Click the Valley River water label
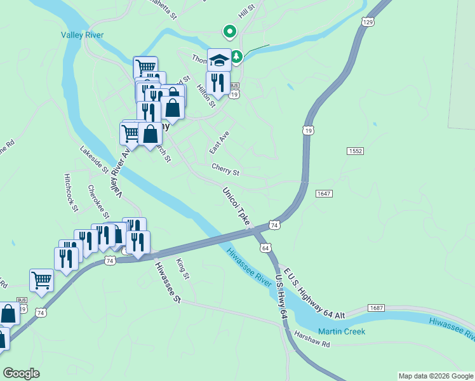click(83, 36)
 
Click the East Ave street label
click(219, 143)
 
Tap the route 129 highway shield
click(368, 22)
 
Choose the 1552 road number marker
click(355, 150)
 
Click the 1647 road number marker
click(323, 193)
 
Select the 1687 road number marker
click(376, 308)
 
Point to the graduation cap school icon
click(219, 60)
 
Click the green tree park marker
click(236, 58)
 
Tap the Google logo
click(21, 373)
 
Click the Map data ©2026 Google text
click(436, 376)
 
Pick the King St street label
click(183, 268)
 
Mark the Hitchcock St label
click(70, 192)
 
